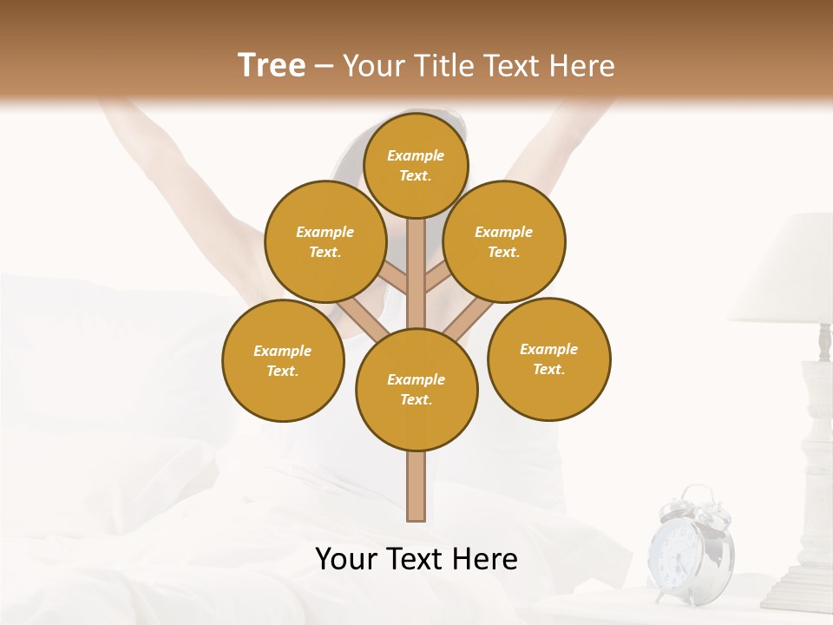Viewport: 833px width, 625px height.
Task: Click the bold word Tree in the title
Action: [272, 65]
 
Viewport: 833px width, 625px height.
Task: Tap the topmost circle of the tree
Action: [416, 165]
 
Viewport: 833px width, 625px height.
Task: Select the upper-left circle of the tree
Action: [325, 241]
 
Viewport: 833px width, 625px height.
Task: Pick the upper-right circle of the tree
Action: [504, 241]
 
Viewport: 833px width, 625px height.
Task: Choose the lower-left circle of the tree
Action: [283, 360]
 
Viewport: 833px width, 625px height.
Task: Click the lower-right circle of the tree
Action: [549, 359]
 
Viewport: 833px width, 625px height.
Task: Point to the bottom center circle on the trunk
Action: [416, 389]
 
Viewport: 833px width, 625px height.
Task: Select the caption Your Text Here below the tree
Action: [416, 559]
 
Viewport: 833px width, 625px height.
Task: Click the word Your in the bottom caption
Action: [348, 559]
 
